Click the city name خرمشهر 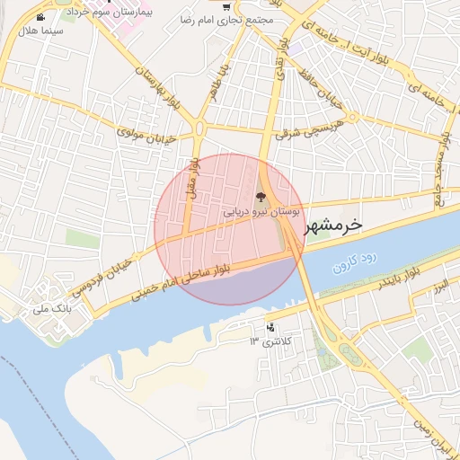[x=333, y=226]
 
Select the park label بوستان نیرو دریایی [x=261, y=212]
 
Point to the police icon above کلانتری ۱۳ [x=270, y=327]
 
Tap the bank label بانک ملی [x=51, y=308]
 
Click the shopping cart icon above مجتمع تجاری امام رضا [x=226, y=8]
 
